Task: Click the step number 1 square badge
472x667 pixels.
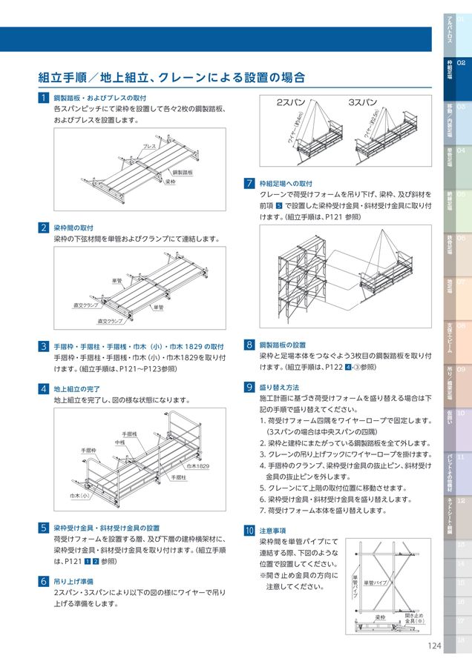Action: click(x=45, y=98)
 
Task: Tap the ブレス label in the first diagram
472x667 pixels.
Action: click(x=149, y=147)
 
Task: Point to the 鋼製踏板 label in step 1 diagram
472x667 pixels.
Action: click(x=182, y=172)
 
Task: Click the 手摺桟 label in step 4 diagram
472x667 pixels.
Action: click(x=129, y=434)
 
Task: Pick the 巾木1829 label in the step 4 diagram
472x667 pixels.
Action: click(x=197, y=465)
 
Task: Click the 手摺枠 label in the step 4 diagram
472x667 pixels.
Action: click(x=89, y=450)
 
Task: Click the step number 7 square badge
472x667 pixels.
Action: click(x=250, y=183)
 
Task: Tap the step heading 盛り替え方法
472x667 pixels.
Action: click(x=280, y=387)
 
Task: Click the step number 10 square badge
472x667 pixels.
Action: click(x=249, y=531)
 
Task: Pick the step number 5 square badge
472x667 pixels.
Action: click(x=45, y=528)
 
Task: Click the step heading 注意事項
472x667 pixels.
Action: click(x=272, y=531)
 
